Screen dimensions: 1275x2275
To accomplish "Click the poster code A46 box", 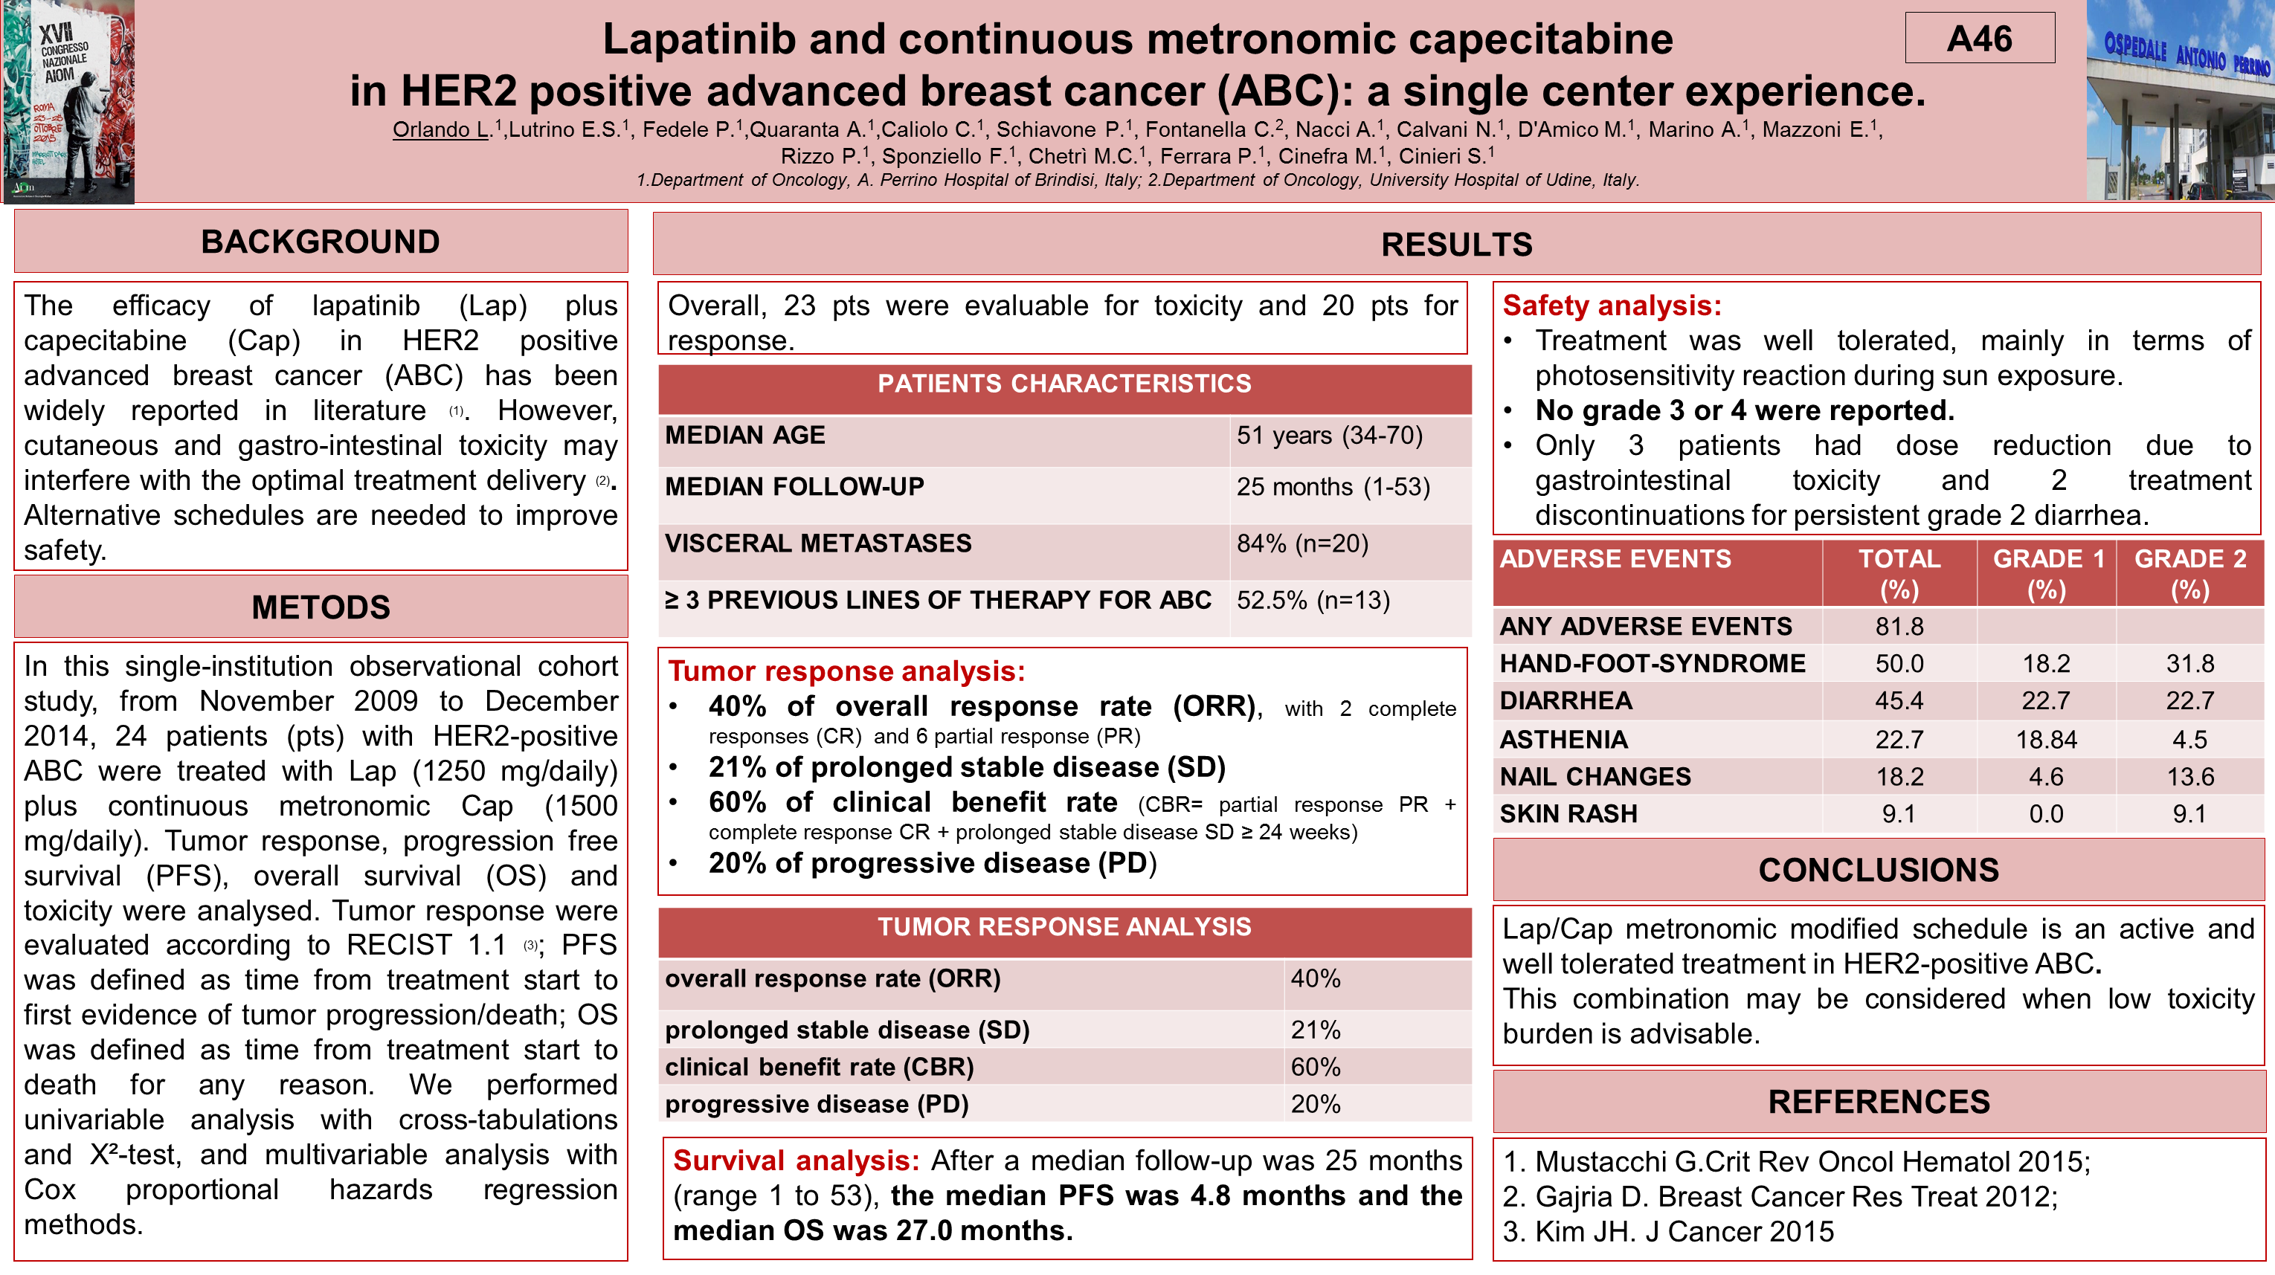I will [x=1979, y=38].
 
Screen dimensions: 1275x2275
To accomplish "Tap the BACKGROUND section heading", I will [x=321, y=241].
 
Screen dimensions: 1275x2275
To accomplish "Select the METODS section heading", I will [x=321, y=607].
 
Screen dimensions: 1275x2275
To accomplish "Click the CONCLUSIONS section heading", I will [x=1879, y=870].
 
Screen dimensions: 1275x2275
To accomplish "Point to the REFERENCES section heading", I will [x=1879, y=1101].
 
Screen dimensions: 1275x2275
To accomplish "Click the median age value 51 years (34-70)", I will [x=1329, y=436].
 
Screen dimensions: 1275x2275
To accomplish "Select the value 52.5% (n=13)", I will [x=1313, y=601].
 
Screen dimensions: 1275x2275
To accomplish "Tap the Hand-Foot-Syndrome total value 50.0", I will [x=1899, y=663].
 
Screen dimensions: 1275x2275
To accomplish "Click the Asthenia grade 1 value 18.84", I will [x=2045, y=739].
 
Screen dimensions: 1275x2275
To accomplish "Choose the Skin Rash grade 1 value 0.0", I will [x=2045, y=813].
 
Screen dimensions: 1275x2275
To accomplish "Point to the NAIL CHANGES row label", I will [x=1595, y=776].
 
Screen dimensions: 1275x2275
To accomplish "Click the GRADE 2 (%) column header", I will [x=2189, y=574].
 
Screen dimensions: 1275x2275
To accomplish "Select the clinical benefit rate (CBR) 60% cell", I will [x=1316, y=1067].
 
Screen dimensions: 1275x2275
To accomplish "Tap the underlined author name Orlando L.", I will [x=440, y=130].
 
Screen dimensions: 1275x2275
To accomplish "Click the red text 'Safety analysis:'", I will [x=1612, y=306].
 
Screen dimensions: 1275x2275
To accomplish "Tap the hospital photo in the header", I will [x=2180, y=100].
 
